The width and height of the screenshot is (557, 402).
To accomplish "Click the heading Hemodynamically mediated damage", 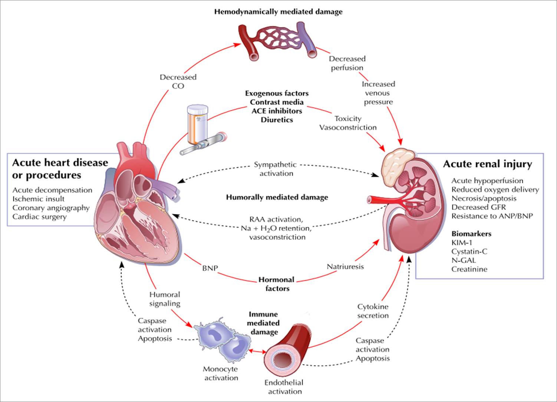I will click(278, 12).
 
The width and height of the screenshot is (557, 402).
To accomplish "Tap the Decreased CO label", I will click(178, 82).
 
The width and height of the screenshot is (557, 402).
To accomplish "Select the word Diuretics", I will click(277, 120).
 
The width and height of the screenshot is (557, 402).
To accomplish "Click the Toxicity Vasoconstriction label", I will click(348, 123).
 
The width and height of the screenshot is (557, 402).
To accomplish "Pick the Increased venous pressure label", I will click(378, 93).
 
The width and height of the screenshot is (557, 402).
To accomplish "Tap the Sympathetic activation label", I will click(276, 169).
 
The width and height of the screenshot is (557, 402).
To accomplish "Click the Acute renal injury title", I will click(487, 164).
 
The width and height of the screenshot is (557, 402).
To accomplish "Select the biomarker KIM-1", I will click(462, 243).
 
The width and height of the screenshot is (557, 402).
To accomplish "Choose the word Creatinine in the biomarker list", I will click(469, 269).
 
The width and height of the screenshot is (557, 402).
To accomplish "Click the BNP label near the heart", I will click(210, 268).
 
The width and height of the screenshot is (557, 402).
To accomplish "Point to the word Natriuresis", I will click(345, 266).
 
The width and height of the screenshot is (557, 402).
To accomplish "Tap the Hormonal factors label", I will click(277, 284).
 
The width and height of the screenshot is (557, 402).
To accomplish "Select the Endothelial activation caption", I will click(284, 387).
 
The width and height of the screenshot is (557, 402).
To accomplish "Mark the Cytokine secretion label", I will click(373, 311).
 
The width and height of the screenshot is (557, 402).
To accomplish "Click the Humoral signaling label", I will click(165, 299).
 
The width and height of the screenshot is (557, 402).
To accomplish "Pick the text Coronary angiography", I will click(51, 208).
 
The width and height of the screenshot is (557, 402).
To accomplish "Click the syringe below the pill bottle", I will click(204, 144).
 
